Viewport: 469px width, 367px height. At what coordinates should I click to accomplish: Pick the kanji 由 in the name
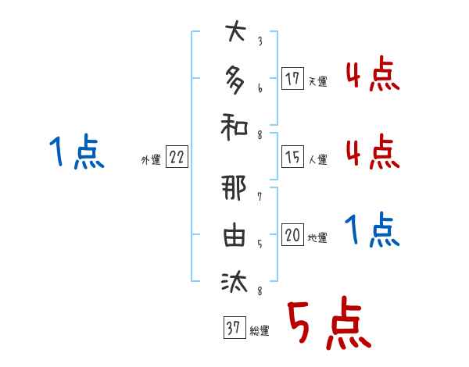pos(234,237)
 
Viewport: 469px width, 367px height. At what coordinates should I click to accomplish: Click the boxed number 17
pos(292,79)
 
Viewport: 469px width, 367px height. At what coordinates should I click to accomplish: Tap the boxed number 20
pos(292,236)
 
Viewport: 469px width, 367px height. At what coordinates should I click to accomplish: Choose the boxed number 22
pos(177,158)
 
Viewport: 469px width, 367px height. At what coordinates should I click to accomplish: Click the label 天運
pos(317,80)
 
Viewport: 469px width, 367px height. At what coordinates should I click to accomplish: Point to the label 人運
pos(317,159)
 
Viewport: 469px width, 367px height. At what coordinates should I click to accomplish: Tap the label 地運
pos(317,237)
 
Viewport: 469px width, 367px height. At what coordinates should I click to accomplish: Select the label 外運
pos(150,159)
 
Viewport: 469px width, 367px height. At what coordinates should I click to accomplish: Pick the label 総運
pos(259,330)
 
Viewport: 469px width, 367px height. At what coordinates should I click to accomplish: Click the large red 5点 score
pos(328,325)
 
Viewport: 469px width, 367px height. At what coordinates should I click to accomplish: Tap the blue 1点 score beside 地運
pos(372,230)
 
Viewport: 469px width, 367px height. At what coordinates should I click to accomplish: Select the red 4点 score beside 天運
pos(372,76)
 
